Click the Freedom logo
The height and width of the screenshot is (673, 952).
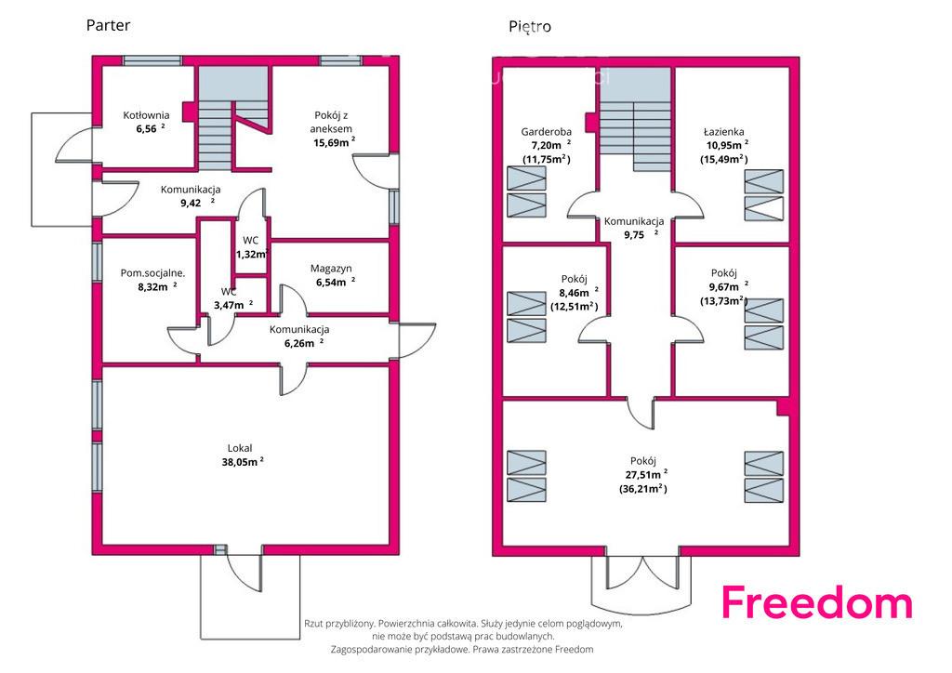(x=816, y=601)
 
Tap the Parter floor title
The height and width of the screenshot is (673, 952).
(x=108, y=25)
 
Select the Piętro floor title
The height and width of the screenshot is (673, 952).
(x=530, y=27)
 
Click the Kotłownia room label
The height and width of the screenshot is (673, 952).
(x=146, y=115)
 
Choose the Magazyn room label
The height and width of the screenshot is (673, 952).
(x=331, y=269)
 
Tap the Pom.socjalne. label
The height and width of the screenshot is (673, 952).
(x=152, y=273)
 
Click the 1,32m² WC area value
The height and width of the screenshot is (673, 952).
(x=252, y=255)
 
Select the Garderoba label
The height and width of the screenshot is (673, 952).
(x=546, y=132)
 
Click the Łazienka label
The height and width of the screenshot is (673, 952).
(x=723, y=132)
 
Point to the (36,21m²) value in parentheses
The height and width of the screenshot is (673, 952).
(x=643, y=489)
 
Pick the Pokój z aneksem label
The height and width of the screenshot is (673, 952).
(x=331, y=122)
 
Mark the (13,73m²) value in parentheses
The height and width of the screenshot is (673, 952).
(x=723, y=301)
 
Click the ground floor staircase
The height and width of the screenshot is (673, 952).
(x=233, y=118)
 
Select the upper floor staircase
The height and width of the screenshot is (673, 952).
(x=635, y=119)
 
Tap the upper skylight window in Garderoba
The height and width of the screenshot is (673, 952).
(x=526, y=178)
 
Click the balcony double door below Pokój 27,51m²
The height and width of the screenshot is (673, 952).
(x=642, y=573)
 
